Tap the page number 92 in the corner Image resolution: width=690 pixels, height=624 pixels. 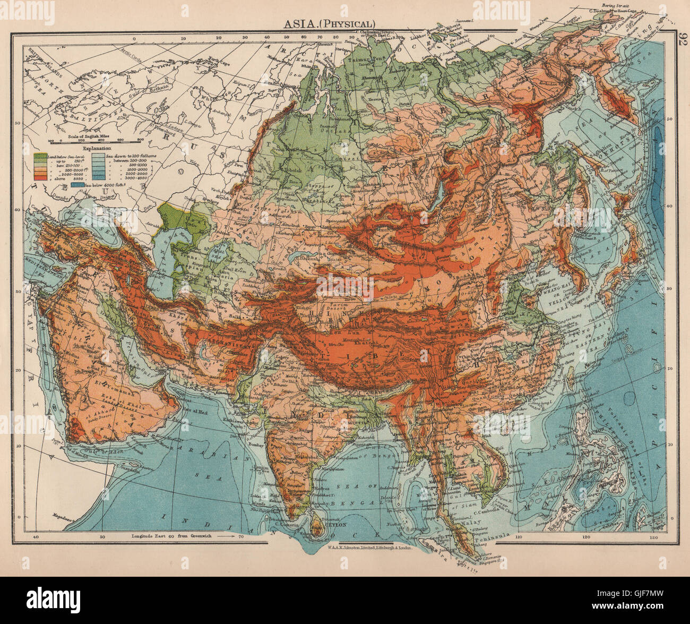680,40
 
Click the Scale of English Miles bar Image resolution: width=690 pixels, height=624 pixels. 96,141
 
